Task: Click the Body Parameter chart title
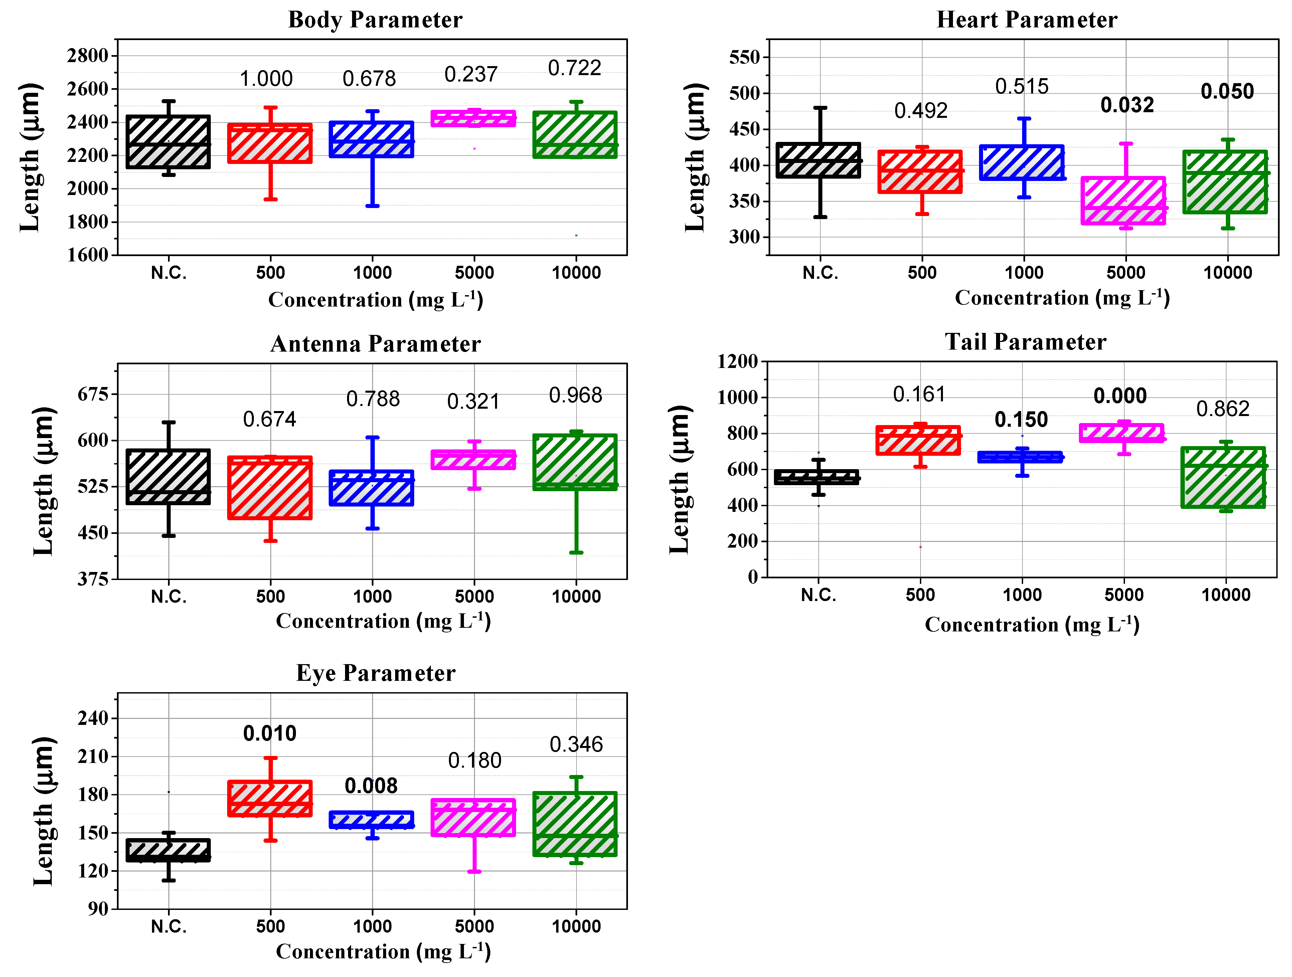375,20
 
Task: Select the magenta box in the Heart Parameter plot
1123,200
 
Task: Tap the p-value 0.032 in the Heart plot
1127,105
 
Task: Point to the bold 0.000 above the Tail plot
1120,396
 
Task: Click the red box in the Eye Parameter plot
270,798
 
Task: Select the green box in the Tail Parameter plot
1223,477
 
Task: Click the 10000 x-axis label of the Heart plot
1228,273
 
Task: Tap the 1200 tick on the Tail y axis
737,362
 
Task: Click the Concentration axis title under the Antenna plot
383,621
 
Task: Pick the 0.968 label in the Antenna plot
575,395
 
